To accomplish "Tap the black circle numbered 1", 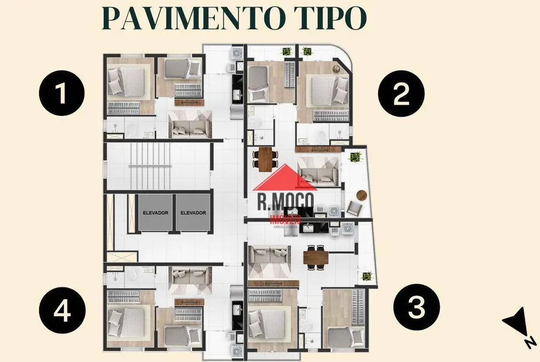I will tap(61, 94).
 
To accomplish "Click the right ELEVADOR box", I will tap(193, 213).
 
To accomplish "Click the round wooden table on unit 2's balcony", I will tap(361, 195).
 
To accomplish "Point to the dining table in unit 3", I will tap(315, 257).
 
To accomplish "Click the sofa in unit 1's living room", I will tap(189, 127).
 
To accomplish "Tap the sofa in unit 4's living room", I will tap(190, 276).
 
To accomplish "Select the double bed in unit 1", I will tap(123, 82).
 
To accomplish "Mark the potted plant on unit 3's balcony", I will tap(367, 276).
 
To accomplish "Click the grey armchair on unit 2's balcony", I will tap(355, 209).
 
